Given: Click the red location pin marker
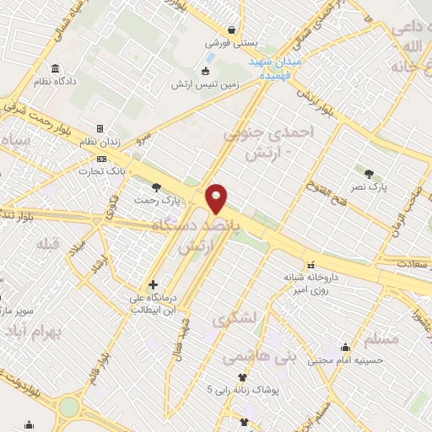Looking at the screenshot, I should pyautogui.click(x=217, y=198).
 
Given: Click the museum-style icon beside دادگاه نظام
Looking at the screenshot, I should pyautogui.click(x=55, y=68).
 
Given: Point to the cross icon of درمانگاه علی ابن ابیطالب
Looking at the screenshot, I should pyautogui.click(x=153, y=285).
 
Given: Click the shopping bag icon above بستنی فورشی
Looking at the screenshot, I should pyautogui.click(x=230, y=29).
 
